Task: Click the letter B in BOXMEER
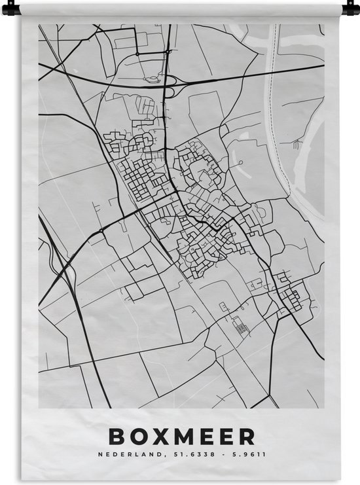[116, 436]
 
